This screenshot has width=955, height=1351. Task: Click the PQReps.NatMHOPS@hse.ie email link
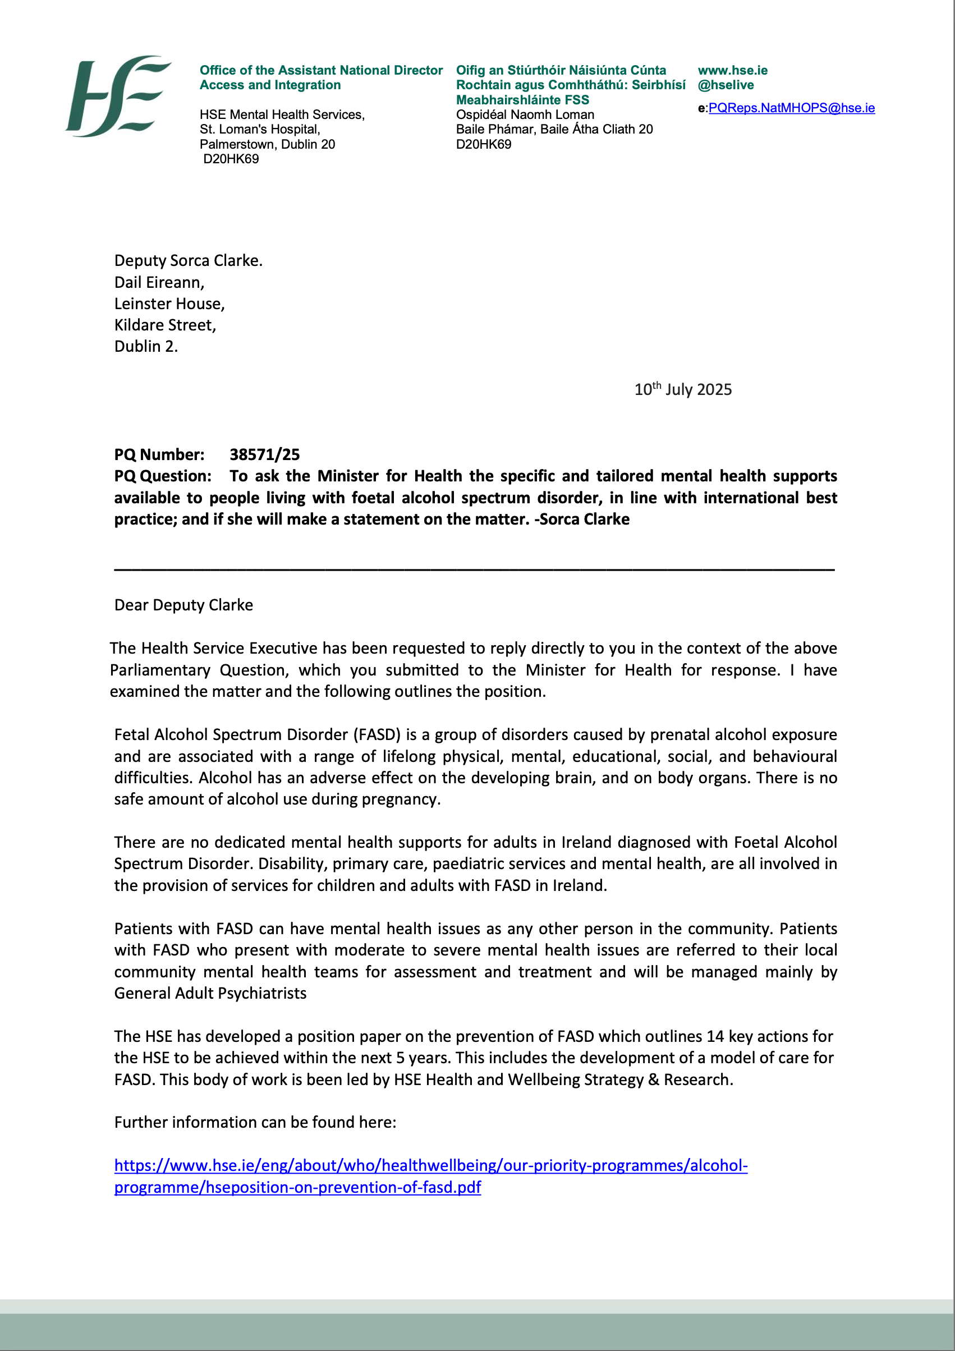point(791,108)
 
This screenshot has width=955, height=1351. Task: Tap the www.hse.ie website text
point(733,71)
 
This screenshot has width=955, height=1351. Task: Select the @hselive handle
point(726,85)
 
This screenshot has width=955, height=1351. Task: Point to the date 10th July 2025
point(682,389)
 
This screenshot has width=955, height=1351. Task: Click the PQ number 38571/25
point(264,454)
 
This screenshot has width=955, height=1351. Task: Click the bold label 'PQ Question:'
point(162,476)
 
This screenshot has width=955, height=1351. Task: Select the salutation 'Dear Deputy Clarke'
point(183,605)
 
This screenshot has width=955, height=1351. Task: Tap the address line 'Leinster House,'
point(169,304)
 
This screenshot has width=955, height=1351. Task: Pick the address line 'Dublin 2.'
point(146,347)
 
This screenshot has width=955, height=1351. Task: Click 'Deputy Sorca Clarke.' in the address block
point(189,261)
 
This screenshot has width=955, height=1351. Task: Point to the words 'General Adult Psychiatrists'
point(210,993)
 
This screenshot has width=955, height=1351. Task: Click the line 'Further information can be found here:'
point(255,1122)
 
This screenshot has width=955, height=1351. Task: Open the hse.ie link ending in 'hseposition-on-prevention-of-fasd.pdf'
point(297,1187)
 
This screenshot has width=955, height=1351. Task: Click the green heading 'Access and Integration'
point(270,85)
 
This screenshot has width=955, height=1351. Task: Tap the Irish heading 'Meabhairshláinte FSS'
point(522,100)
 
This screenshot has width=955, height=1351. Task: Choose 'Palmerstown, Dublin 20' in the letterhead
point(267,144)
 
